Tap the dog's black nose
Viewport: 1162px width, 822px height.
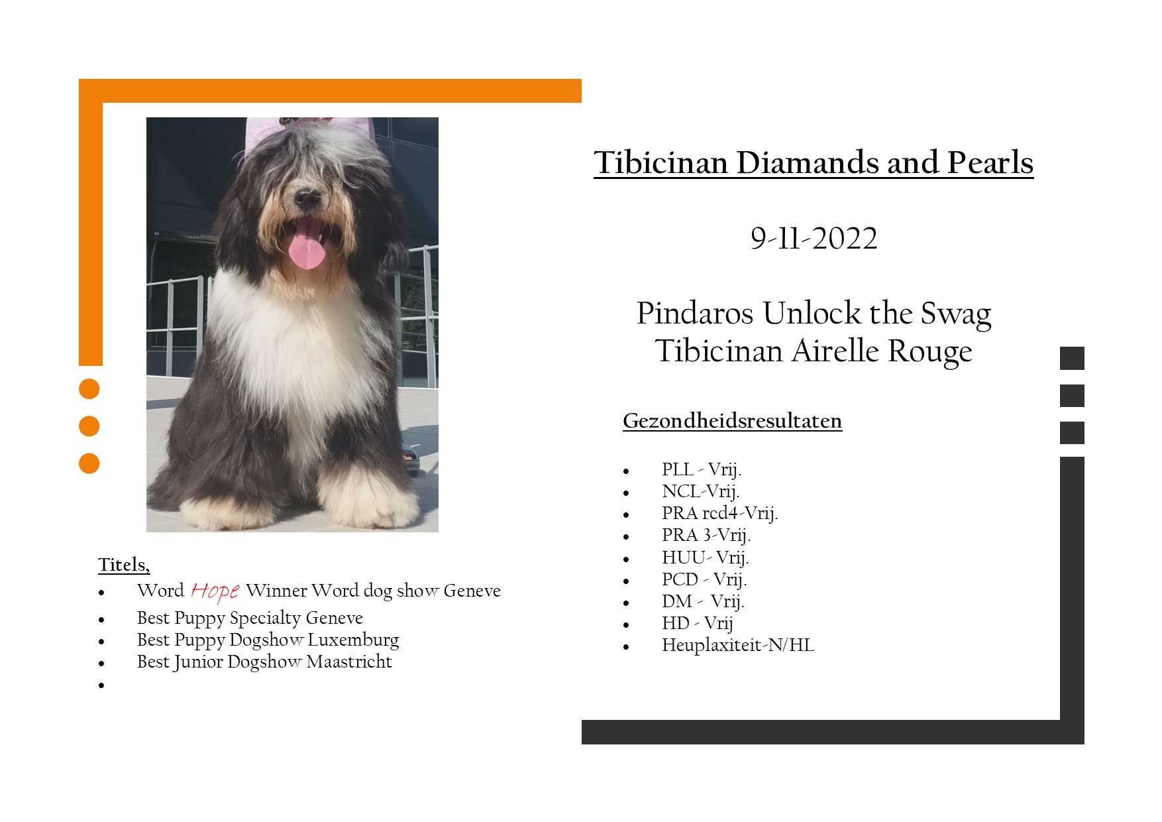(x=306, y=196)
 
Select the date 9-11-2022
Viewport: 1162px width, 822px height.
(x=814, y=239)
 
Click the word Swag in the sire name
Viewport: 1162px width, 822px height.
(x=956, y=314)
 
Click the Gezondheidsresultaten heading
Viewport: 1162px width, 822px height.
(x=732, y=421)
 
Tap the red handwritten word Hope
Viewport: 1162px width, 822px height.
(x=215, y=591)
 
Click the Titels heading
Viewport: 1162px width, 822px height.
(x=124, y=565)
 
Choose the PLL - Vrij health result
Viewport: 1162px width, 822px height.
(x=702, y=469)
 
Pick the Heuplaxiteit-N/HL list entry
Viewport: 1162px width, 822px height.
(x=738, y=645)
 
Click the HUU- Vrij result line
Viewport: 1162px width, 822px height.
(x=705, y=558)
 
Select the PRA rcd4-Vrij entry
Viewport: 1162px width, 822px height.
(x=719, y=513)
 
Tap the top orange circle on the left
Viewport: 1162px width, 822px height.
(x=89, y=389)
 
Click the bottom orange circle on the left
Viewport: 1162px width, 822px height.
(x=89, y=463)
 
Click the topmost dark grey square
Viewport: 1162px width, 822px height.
(x=1072, y=358)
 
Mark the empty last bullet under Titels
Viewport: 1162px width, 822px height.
(x=101, y=685)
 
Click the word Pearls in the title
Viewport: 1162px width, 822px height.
(x=990, y=162)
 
